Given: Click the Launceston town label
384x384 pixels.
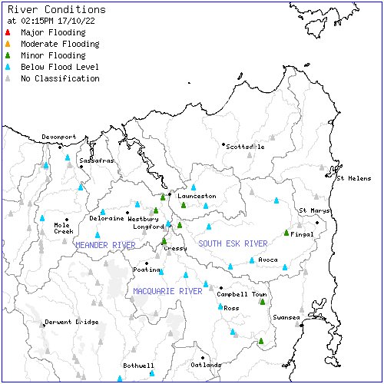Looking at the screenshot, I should (197, 196).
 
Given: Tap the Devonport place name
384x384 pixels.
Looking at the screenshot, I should (59, 137).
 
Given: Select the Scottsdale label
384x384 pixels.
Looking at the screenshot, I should (246, 146).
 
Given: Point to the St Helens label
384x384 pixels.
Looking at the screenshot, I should (354, 178).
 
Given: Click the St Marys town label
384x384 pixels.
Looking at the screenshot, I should (315, 210).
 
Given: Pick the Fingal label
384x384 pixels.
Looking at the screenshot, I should (303, 234).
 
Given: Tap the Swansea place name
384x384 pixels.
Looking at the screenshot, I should (286, 317).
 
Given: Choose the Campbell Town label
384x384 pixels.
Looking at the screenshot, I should (242, 294).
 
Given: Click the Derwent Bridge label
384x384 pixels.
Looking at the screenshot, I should (71, 322).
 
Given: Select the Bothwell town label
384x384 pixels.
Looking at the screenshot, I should (139, 366).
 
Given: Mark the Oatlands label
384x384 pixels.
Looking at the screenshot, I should (206, 365).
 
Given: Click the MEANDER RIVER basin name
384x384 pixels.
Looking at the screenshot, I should (105, 245).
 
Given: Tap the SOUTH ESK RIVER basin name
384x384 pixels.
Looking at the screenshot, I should (233, 243).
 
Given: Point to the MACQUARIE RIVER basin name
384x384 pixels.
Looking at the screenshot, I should (167, 292).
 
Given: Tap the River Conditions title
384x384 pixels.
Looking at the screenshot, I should (48, 8).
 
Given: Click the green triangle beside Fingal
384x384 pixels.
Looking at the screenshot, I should (286, 232).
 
